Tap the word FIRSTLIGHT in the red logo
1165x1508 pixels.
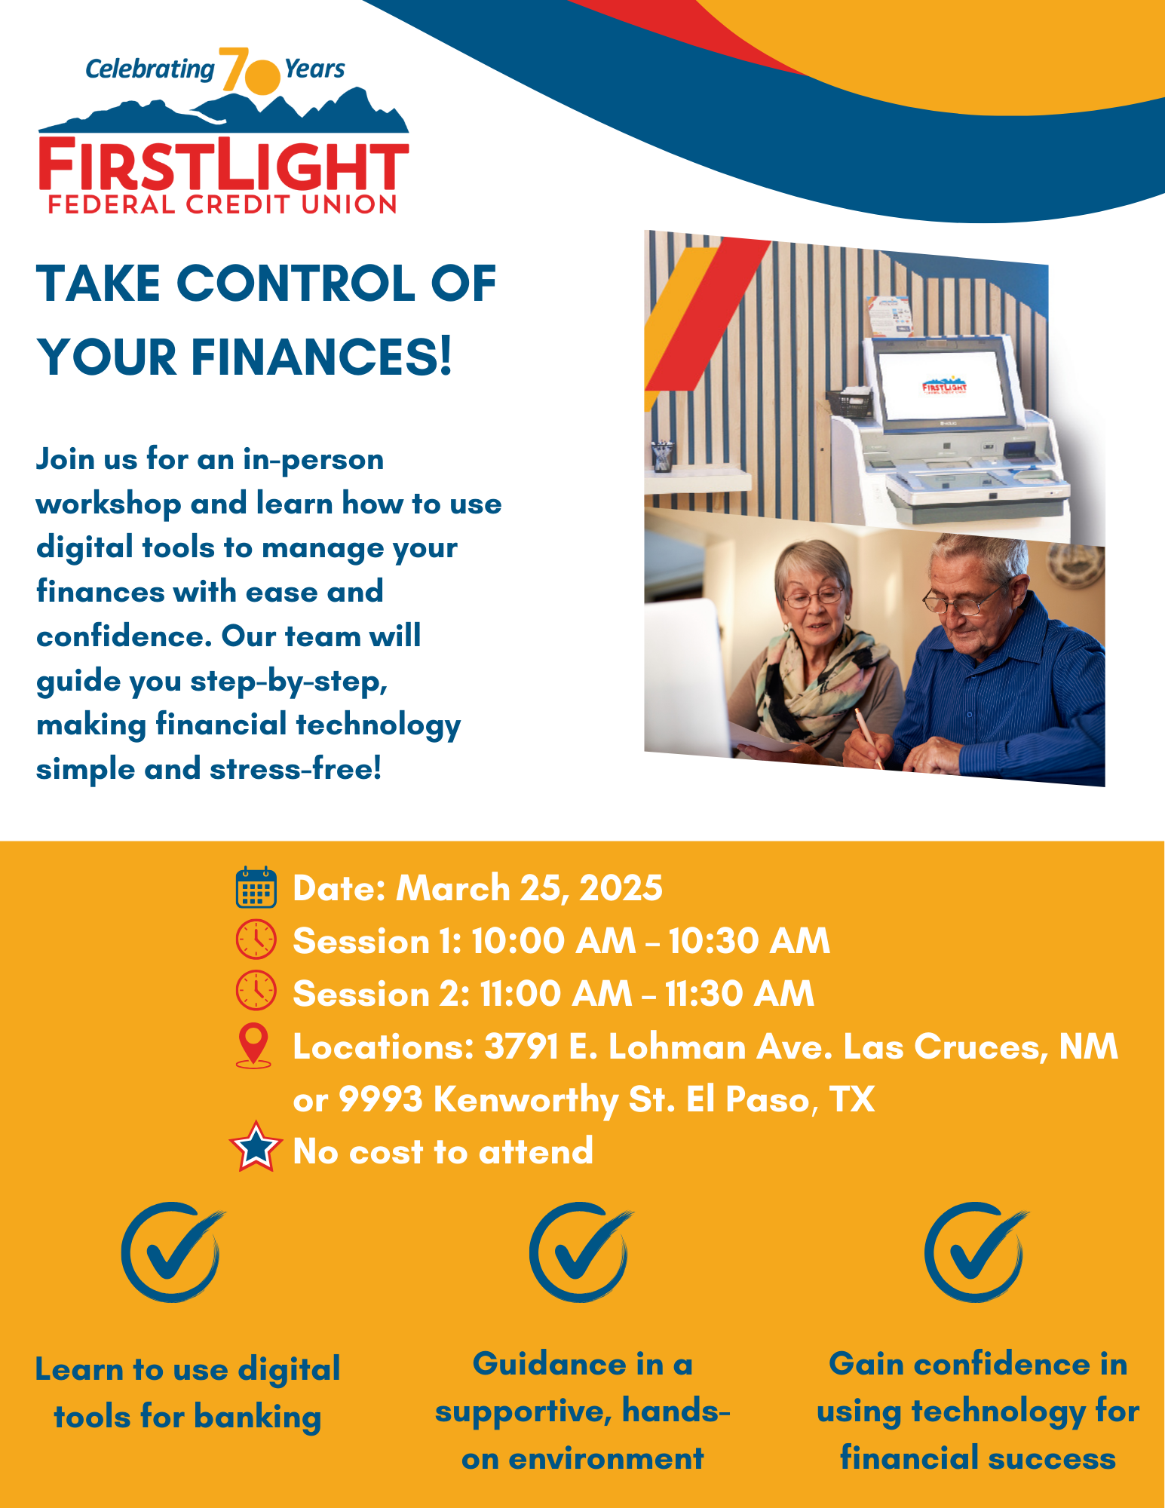pos(224,165)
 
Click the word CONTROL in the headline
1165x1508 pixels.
pos(296,284)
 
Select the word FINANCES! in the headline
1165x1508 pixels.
pos(321,357)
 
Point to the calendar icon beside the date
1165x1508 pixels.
pos(256,887)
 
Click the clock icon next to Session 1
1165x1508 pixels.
pos(256,939)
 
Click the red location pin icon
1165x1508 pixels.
pos(253,1046)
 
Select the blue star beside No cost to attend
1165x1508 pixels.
pos(256,1146)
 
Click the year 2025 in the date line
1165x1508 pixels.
pos(621,888)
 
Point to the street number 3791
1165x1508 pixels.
pos(521,1047)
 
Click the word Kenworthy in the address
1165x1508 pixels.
pos(526,1100)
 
